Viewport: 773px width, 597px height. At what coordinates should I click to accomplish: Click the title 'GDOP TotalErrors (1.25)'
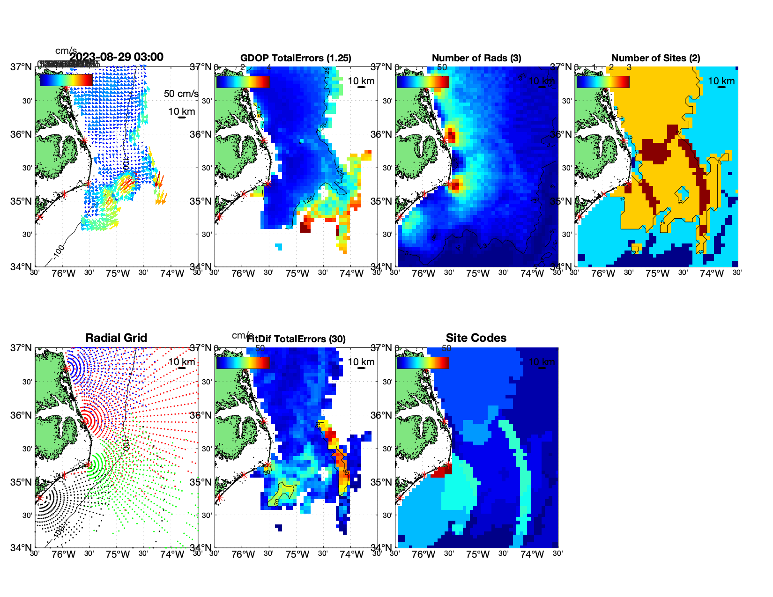(296, 58)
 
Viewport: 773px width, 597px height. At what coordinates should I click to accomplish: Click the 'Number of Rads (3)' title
(476, 58)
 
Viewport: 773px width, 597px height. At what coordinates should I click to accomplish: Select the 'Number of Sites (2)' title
(656, 58)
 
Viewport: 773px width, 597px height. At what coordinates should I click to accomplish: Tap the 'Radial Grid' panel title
(116, 338)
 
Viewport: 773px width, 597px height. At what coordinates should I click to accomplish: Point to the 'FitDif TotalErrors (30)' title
(296, 339)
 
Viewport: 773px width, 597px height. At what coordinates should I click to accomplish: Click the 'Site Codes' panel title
(476, 338)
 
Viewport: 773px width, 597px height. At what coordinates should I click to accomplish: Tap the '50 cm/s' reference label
(181, 94)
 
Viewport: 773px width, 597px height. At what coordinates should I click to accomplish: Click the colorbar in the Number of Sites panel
(603, 81)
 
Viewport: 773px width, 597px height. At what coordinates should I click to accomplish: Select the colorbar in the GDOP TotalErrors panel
(243, 81)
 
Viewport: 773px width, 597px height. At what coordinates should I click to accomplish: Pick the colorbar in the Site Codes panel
(423, 362)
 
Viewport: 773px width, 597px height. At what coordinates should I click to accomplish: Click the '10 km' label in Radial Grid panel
(181, 362)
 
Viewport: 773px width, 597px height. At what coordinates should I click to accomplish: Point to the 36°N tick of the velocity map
(22, 134)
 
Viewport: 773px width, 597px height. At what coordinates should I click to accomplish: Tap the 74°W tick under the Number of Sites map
(712, 274)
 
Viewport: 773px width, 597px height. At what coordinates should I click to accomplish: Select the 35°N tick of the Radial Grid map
(22, 482)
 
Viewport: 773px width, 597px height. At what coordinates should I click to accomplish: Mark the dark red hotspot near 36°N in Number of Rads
(451, 136)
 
